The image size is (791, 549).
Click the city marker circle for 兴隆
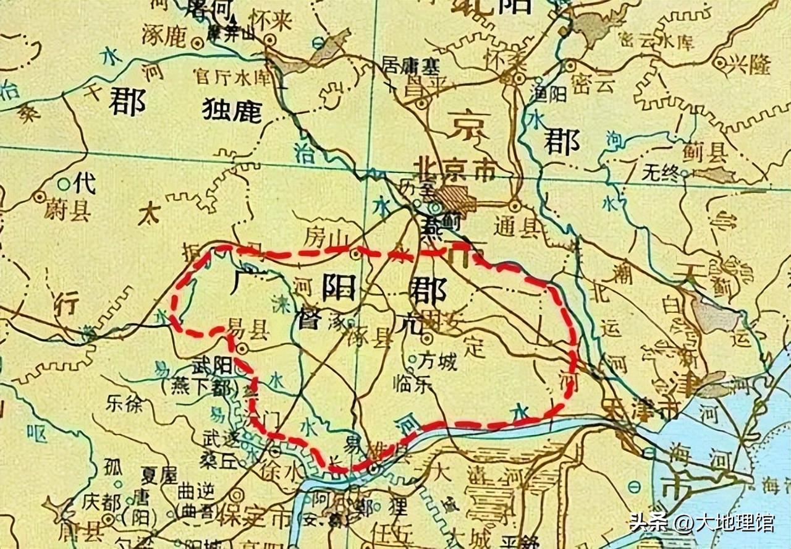tap(719, 62)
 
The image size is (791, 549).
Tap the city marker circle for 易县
tap(242, 349)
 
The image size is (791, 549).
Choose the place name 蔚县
tap(67, 210)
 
